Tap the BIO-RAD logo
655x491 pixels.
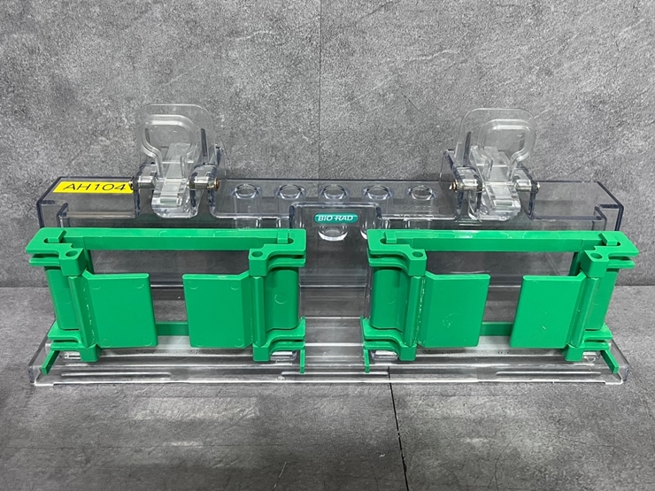[336, 218]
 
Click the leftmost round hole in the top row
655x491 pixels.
[245, 191]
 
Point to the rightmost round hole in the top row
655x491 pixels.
[421, 192]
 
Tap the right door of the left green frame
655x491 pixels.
[218, 311]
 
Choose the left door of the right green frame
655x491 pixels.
[455, 311]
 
